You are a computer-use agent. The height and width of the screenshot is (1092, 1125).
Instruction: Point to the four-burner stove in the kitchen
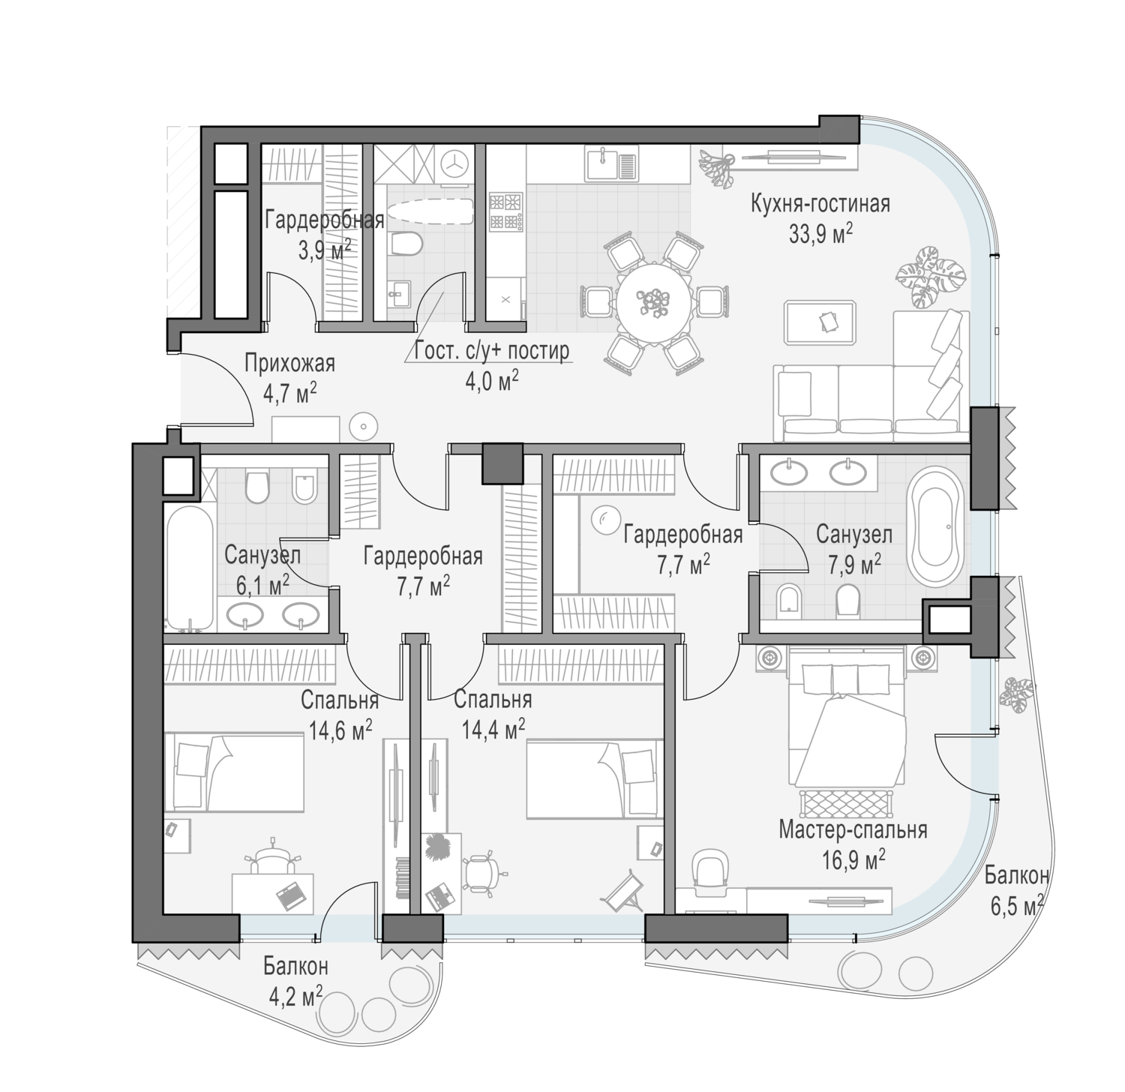[x=505, y=211]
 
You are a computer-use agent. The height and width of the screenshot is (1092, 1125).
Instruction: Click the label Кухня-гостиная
[x=820, y=204]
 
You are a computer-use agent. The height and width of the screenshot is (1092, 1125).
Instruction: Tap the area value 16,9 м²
[x=853, y=857]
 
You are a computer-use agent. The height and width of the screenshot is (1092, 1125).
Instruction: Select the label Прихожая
[x=289, y=364]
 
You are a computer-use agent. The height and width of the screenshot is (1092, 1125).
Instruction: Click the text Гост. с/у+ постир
[x=492, y=350]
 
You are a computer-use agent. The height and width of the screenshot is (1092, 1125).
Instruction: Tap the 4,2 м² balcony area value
[x=295, y=996]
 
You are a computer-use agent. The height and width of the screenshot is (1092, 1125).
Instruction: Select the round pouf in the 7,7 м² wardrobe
[x=601, y=518]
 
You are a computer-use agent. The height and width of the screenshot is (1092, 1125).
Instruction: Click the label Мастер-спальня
[x=853, y=830]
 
